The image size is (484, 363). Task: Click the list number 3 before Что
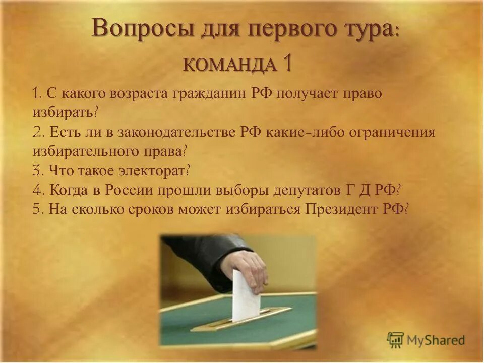[37, 171]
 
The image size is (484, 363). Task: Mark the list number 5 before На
[37, 209]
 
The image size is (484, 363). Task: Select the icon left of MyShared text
[396, 340]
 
